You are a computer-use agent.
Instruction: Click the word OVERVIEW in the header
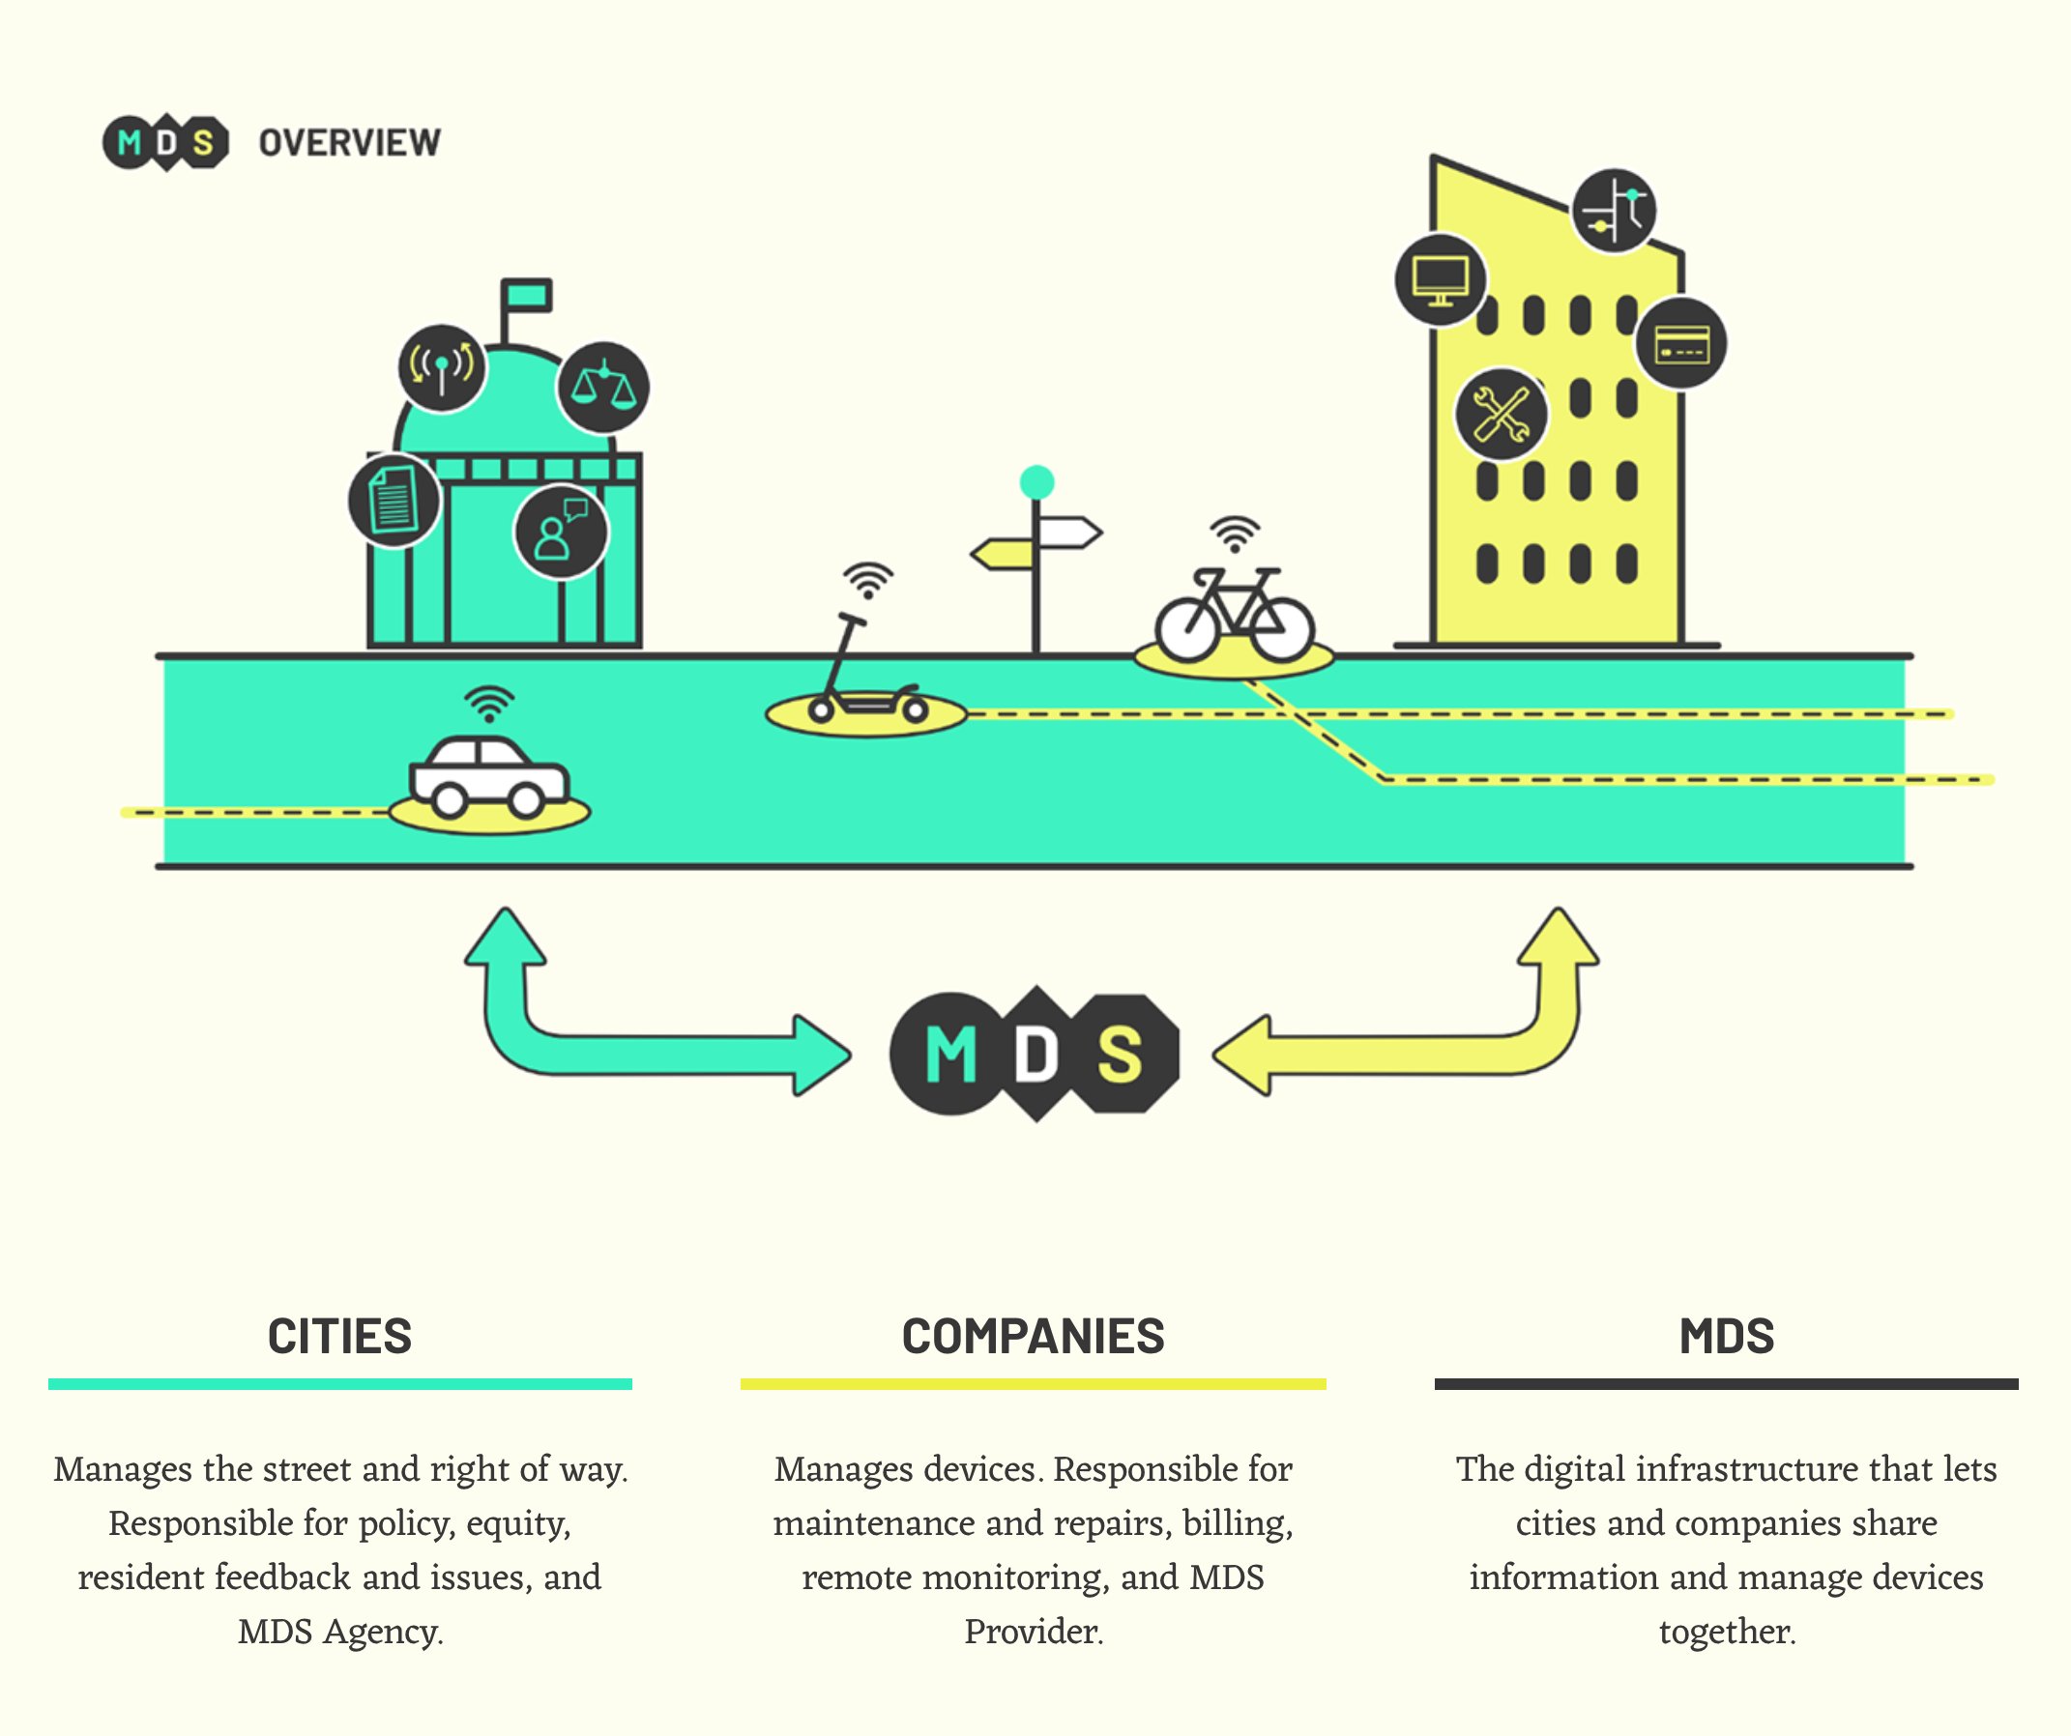pos(349,143)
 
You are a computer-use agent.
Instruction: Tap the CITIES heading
pos(339,1337)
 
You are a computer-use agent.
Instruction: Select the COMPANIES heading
pos(1033,1337)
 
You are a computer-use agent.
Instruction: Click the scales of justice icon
pos(603,388)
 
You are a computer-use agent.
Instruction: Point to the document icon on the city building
pos(394,501)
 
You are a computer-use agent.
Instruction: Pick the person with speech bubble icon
pos(560,533)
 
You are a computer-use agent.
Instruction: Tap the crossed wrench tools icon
pos(1501,414)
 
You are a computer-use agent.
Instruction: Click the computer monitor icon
pos(1440,280)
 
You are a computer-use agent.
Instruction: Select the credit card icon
pos(1680,343)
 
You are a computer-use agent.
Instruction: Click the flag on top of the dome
pos(527,295)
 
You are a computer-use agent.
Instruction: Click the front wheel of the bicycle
pos(1282,629)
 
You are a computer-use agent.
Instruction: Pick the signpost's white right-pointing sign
pos(1070,534)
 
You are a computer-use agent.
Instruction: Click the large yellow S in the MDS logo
pos(1121,1055)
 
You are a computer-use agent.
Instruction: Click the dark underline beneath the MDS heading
pos(1726,1384)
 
